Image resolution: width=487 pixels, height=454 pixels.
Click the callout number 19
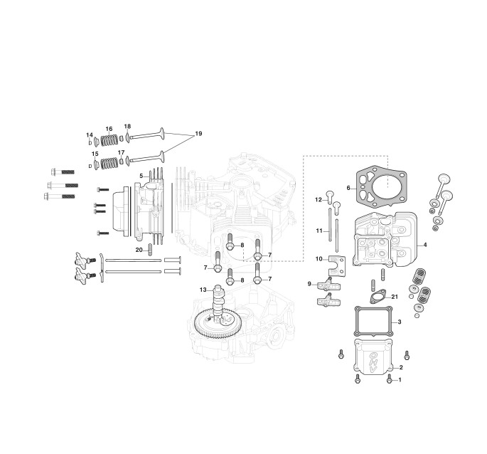(198, 134)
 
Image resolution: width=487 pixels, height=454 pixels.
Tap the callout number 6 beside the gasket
(348, 188)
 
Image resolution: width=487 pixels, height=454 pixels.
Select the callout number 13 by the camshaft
(203, 290)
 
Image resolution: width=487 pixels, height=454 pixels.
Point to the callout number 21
(395, 297)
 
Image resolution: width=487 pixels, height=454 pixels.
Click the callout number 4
(425, 245)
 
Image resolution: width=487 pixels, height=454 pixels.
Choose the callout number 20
(139, 250)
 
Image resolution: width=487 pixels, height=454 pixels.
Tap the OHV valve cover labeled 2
(373, 357)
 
